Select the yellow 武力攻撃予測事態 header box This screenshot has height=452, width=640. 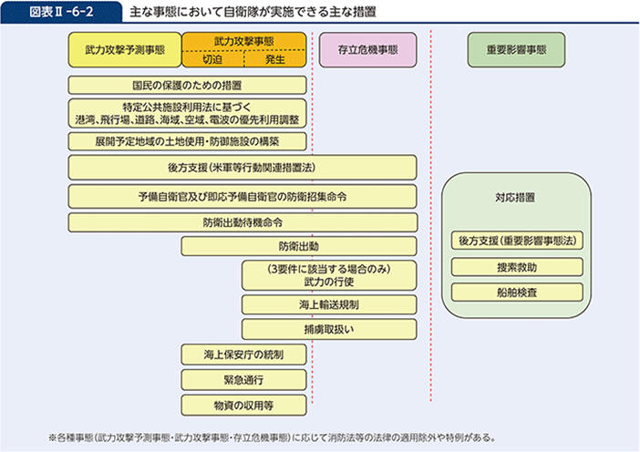(125, 50)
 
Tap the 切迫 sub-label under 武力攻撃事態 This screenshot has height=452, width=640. (212, 59)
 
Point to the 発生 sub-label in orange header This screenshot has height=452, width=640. (275, 59)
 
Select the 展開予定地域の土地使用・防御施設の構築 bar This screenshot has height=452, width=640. (186, 141)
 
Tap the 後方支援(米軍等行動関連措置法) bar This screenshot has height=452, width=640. (242, 168)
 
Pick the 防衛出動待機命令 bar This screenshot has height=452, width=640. (242, 221)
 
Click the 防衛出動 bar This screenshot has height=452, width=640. (299, 246)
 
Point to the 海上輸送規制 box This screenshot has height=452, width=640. (329, 303)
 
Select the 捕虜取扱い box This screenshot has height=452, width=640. (329, 328)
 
